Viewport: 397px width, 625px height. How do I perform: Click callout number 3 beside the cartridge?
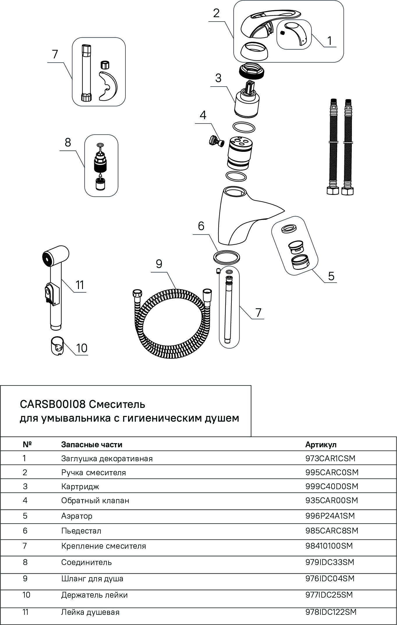pyautogui.click(x=218, y=78)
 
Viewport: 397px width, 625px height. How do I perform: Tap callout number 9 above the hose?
pyautogui.click(x=159, y=264)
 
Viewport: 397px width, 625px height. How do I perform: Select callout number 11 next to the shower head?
pyautogui.click(x=80, y=284)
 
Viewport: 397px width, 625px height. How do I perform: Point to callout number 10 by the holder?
pyautogui.click(x=82, y=348)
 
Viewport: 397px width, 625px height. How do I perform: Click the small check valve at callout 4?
pyautogui.click(x=216, y=141)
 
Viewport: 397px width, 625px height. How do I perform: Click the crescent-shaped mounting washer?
pyautogui.click(x=108, y=85)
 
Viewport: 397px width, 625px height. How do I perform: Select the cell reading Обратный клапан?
pyautogui.click(x=95, y=501)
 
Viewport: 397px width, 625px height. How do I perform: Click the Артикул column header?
pyautogui.click(x=321, y=445)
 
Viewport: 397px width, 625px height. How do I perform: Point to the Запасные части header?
pyautogui.click(x=92, y=445)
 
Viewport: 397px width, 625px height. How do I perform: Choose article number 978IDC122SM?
pyautogui.click(x=331, y=612)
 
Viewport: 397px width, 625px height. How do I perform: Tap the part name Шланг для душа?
pyautogui.click(x=92, y=579)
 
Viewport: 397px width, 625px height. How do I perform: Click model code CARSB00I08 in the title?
pyautogui.click(x=52, y=404)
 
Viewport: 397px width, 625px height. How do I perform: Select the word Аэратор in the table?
pyautogui.click(x=77, y=516)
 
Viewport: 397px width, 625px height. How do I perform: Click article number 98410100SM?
pyautogui.click(x=329, y=546)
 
